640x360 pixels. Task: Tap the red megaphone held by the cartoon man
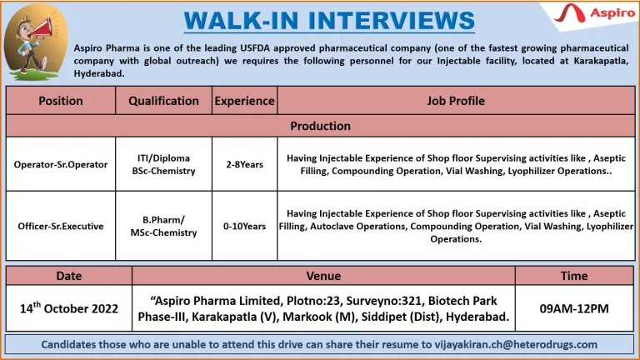(x=42, y=27)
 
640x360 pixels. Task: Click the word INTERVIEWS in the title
(x=392, y=20)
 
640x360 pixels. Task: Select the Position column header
(x=61, y=101)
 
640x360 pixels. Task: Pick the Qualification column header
(x=163, y=101)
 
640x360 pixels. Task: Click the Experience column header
(x=244, y=101)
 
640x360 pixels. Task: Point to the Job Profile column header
(x=456, y=101)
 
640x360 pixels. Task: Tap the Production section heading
(x=320, y=126)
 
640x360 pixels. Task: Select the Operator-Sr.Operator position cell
(x=61, y=164)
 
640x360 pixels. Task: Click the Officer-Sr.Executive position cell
(x=61, y=226)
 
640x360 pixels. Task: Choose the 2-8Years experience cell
(x=244, y=164)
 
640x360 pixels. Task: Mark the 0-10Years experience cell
(x=244, y=226)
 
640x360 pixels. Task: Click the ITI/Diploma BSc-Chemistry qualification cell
(x=163, y=164)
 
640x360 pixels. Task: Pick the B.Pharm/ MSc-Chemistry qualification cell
(x=163, y=226)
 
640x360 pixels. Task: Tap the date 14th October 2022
(x=69, y=308)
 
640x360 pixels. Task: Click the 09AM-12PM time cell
(x=574, y=308)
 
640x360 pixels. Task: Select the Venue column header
(x=323, y=276)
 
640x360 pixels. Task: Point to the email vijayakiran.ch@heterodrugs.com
(x=516, y=344)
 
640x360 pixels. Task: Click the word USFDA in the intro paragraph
(x=255, y=48)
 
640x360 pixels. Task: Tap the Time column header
(x=574, y=276)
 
